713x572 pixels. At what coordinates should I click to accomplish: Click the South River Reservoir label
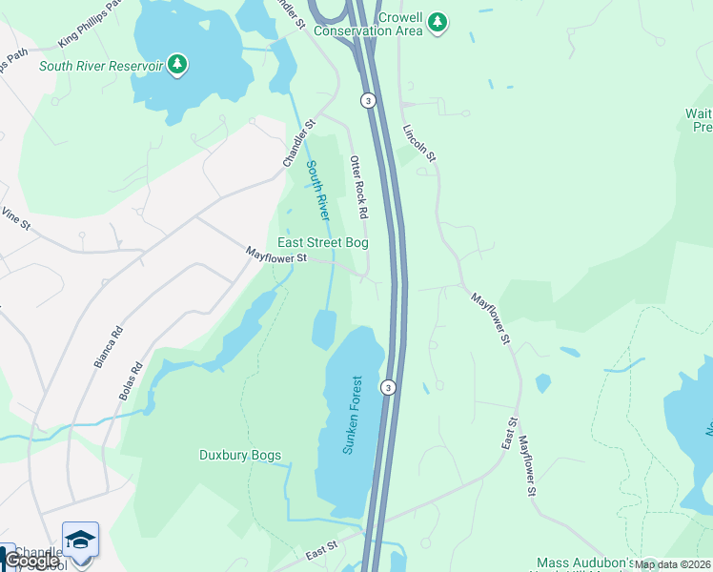pos(100,66)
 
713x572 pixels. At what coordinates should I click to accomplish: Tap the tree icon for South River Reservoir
pos(176,65)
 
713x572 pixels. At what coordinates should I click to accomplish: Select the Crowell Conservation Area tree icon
pos(437,22)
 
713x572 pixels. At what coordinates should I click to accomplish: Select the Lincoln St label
pos(418,142)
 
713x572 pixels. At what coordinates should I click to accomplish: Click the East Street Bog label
pos(323,243)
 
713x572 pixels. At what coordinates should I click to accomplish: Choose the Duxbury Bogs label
pos(239,455)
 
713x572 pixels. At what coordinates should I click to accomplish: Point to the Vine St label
pos(16,218)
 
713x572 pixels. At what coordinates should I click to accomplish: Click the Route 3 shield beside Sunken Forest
pos(388,387)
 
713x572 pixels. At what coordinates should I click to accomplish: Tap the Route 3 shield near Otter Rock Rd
pos(367,100)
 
